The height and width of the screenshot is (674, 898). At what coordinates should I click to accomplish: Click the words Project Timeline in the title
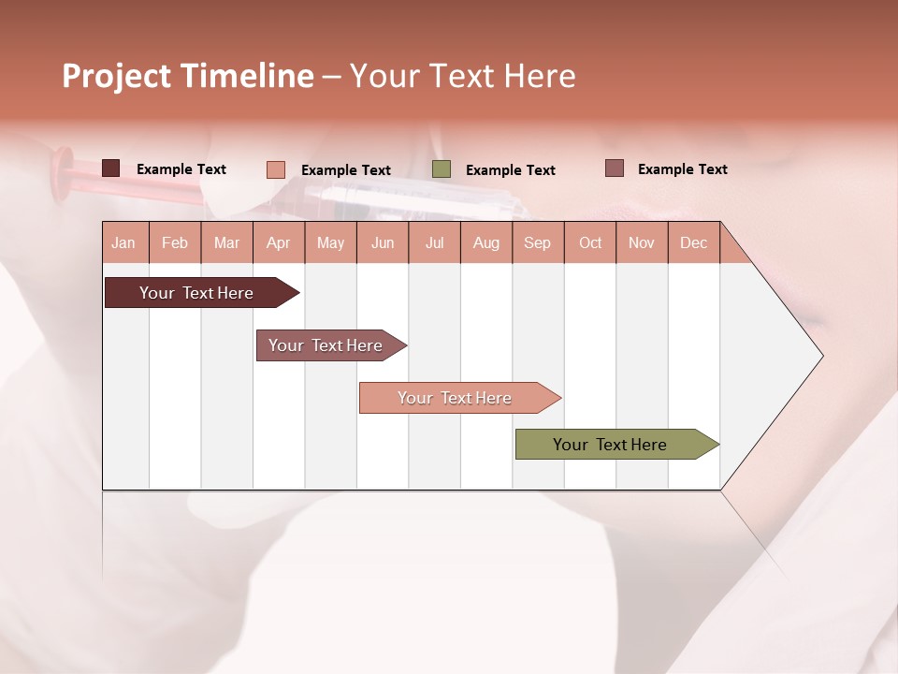(x=187, y=76)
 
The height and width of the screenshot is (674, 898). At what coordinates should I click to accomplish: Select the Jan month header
(x=123, y=242)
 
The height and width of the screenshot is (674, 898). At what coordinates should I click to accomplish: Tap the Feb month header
(x=175, y=242)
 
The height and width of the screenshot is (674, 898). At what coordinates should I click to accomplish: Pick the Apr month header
(x=278, y=242)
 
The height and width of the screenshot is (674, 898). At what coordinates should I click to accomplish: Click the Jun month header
(x=382, y=242)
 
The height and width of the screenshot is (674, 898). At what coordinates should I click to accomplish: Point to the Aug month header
(x=485, y=242)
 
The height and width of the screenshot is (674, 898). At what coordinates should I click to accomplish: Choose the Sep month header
(x=537, y=242)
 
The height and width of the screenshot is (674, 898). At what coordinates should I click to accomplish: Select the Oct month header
(x=589, y=242)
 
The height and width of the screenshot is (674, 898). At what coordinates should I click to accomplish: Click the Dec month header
(x=693, y=242)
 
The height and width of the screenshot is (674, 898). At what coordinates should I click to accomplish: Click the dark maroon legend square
(x=110, y=168)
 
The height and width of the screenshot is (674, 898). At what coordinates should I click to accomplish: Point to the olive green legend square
(x=442, y=169)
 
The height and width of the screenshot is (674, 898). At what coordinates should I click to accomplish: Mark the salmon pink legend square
(x=275, y=169)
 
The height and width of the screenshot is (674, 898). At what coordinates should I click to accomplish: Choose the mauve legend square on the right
(x=614, y=168)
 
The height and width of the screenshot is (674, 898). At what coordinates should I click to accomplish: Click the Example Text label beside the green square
(x=510, y=170)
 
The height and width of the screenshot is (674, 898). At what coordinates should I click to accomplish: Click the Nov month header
(x=641, y=242)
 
